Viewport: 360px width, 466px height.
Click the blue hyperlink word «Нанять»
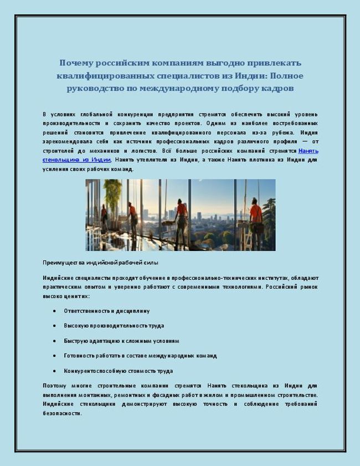tap(308, 151)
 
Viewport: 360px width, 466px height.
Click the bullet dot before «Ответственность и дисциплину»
tap(54, 311)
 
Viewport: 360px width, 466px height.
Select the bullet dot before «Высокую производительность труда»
tap(54, 326)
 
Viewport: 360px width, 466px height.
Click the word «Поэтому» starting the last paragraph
tap(54, 386)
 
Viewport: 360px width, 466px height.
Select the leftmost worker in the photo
tap(104, 216)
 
